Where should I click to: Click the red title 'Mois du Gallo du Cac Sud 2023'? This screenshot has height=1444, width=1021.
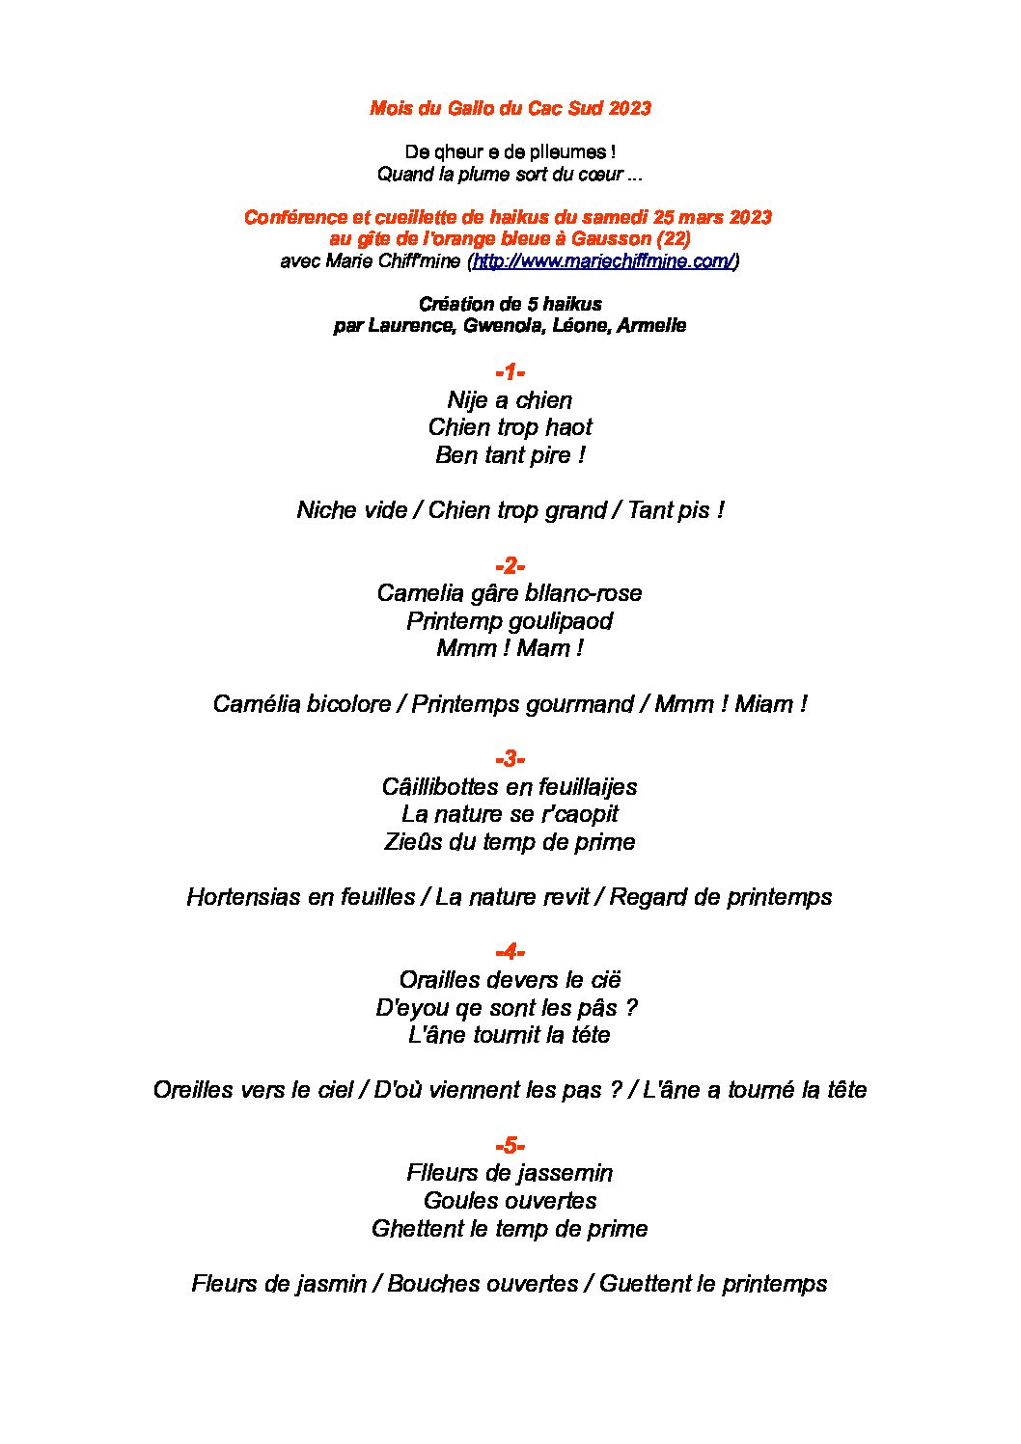tap(510, 108)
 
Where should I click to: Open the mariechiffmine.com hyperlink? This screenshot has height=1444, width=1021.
tap(603, 261)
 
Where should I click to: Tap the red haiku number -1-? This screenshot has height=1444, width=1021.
tap(510, 372)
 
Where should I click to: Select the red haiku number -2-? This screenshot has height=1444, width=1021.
tap(510, 565)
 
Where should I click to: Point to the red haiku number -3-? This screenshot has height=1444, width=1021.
tap(510, 758)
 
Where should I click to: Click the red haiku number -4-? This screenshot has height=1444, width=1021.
tap(510, 952)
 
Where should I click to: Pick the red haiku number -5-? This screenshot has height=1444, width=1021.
tap(510, 1146)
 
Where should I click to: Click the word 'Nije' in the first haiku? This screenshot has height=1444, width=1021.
tap(468, 400)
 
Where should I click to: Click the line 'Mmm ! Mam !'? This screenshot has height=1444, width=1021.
tap(510, 648)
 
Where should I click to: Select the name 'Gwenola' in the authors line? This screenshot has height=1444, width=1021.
tap(502, 326)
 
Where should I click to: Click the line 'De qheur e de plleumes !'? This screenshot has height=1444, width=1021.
tap(510, 152)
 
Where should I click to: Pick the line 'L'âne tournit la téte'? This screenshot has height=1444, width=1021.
tap(510, 1035)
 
